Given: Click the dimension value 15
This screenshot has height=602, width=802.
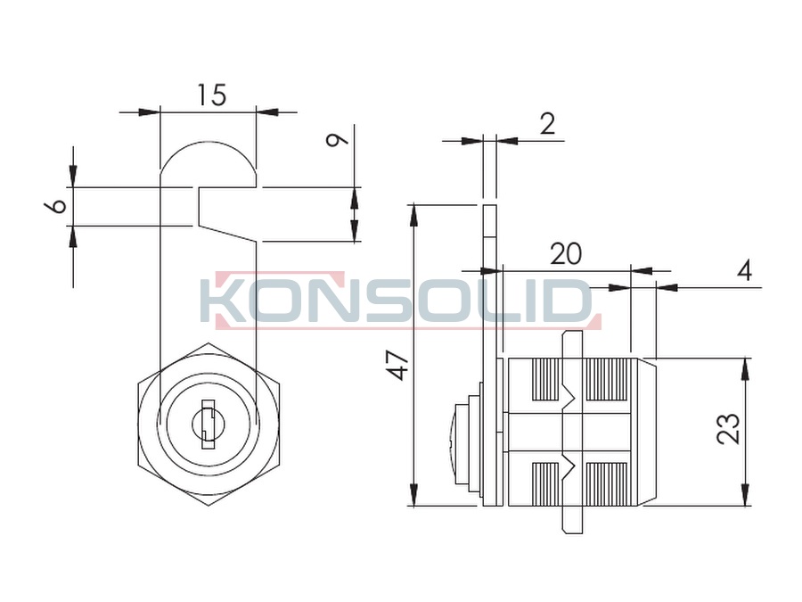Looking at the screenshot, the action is (212, 95).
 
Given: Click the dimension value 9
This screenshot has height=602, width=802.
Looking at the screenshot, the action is (337, 139).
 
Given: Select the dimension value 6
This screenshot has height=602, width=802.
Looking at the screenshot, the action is (56, 206).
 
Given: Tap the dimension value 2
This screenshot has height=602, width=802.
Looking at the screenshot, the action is (547, 124).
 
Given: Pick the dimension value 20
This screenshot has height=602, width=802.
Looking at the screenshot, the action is (566, 254).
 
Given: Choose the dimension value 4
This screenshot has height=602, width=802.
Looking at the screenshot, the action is (745, 270).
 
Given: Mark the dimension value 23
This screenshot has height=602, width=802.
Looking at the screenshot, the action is (729, 428).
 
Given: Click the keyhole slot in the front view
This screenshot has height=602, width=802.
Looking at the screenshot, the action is (209, 424).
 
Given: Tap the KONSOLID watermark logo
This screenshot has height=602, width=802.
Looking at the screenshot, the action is (400, 301).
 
